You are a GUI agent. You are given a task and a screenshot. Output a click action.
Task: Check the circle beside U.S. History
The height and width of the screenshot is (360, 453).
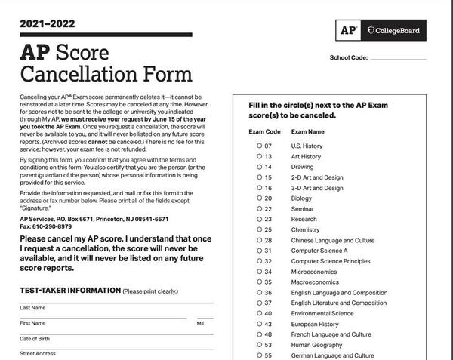(259, 146)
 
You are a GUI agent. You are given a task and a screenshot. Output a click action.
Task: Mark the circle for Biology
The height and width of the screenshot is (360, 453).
(259, 198)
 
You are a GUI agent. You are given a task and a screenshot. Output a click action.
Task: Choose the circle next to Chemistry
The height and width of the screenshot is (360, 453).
(259, 229)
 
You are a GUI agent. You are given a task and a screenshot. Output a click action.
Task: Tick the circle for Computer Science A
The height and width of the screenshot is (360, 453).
(259, 251)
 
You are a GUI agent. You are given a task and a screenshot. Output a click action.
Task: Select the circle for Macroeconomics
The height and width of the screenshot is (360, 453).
(259, 282)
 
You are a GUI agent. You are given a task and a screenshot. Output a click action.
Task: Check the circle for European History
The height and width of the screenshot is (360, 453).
(259, 324)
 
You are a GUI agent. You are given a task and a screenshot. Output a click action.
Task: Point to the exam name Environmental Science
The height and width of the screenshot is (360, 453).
(322, 313)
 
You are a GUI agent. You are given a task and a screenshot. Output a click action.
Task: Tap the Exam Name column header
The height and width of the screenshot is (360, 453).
(308, 131)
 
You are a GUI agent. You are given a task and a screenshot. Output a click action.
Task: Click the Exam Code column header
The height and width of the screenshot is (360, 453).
(264, 131)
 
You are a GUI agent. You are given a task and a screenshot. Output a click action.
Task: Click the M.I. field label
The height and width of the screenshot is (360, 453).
(200, 323)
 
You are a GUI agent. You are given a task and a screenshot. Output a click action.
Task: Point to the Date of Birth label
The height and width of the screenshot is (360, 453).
(35, 338)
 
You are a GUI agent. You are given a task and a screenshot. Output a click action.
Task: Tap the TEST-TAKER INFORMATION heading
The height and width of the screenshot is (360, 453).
(70, 291)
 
